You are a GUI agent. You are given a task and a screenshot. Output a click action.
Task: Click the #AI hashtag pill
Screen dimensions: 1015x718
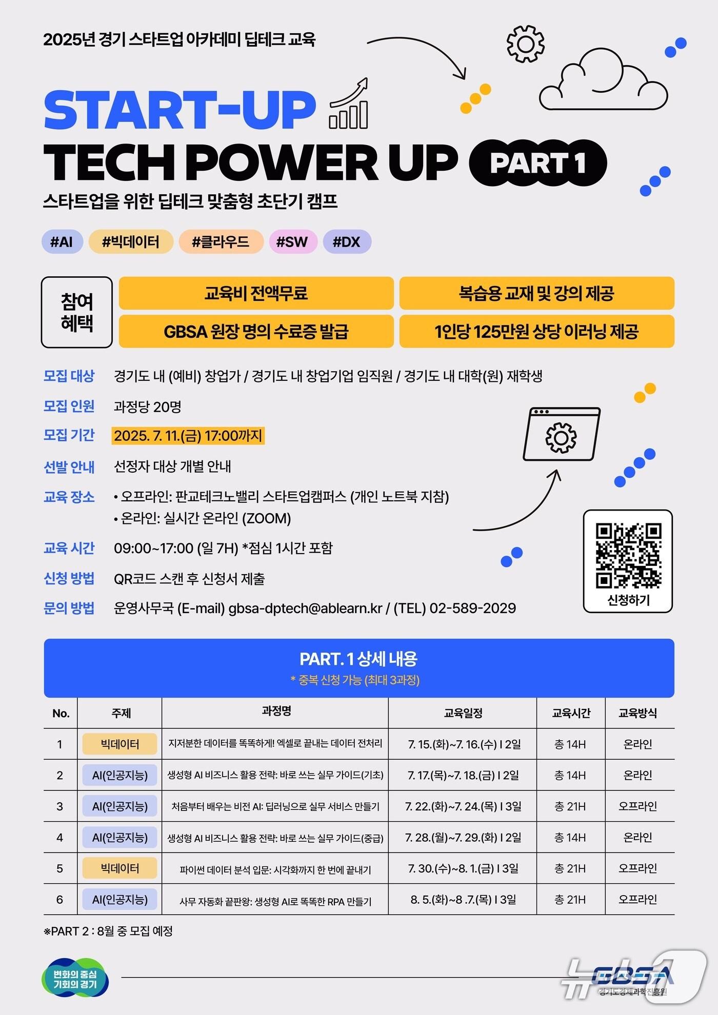(x=62, y=242)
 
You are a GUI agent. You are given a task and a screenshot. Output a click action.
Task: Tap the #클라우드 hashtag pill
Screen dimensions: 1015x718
(x=221, y=242)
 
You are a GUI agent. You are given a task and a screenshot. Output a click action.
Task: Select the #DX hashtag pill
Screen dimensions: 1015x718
(x=347, y=242)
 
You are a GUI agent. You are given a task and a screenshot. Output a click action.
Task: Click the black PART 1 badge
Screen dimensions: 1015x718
(x=537, y=163)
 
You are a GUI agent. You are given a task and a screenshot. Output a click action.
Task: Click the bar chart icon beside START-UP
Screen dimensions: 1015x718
(x=349, y=105)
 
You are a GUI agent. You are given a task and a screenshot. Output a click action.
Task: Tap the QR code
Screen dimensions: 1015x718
(x=628, y=556)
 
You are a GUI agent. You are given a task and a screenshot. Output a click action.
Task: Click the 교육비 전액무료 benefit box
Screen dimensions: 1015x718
(x=256, y=293)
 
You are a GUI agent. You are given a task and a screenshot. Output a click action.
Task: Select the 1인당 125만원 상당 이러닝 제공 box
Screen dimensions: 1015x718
(x=536, y=332)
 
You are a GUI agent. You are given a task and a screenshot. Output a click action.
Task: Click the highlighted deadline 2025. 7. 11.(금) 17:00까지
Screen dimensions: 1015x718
(x=188, y=436)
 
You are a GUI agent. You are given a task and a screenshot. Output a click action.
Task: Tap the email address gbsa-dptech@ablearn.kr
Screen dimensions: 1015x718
(x=306, y=608)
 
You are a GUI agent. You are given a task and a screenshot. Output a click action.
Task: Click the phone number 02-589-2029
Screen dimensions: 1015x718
(x=472, y=608)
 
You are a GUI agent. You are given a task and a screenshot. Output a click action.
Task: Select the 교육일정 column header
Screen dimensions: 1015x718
(x=463, y=713)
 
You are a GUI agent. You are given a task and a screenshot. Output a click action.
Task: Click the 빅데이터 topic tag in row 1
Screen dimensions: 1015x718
(x=119, y=744)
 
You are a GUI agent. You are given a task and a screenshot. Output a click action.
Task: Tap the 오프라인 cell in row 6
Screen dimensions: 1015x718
(x=637, y=900)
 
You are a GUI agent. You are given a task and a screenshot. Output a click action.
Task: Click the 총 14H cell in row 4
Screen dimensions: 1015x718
(x=570, y=838)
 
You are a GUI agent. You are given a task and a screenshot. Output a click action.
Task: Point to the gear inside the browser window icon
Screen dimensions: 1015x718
(x=561, y=437)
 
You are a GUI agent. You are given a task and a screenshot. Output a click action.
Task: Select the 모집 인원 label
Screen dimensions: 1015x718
(x=69, y=407)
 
